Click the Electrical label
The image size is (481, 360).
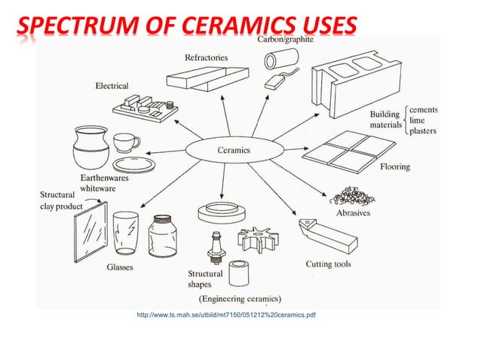112,86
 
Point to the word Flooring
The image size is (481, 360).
394,166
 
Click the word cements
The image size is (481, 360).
424,110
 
